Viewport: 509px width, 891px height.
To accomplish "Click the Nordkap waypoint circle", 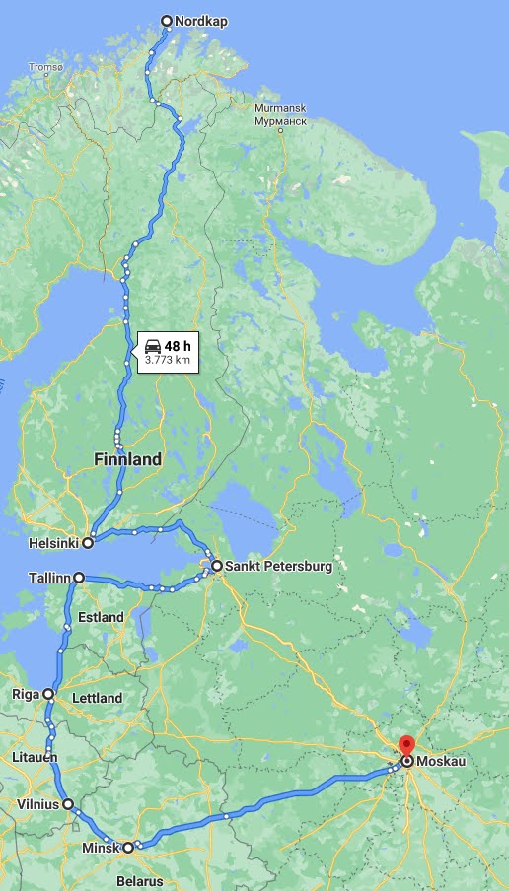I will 166,21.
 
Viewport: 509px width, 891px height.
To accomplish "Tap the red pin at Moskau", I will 406,746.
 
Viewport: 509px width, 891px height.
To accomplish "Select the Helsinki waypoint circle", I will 88,542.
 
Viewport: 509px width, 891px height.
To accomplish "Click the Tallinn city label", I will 48,578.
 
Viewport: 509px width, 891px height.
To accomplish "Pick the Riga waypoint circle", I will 48,695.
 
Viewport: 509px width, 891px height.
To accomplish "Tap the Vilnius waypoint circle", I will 69,804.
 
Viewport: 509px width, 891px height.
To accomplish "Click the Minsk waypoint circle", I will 128,847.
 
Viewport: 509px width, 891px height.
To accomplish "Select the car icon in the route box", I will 153,346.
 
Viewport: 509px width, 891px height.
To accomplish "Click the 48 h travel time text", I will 178,346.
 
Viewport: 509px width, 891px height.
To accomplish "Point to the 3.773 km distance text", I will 167,361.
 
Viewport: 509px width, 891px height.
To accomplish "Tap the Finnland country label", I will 127,459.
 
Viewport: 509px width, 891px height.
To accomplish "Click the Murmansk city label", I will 280,108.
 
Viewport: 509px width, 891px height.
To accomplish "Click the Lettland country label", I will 97,698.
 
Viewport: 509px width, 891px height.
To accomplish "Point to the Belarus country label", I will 139,881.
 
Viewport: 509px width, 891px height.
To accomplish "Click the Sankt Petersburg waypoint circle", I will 216,566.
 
